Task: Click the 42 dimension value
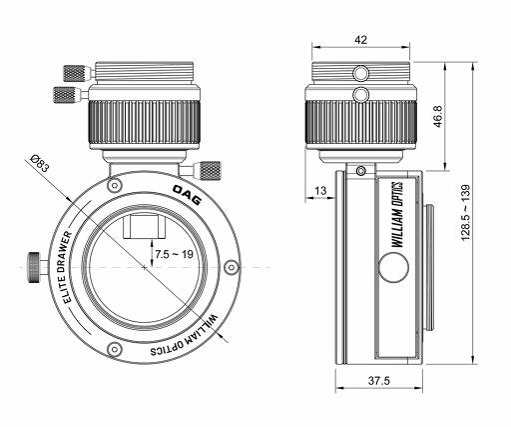360,40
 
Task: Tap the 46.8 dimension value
438,116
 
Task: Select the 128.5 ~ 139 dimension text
465,212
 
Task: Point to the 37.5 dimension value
378,381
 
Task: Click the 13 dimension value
320,191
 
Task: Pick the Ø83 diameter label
40,163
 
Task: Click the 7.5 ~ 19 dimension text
174,254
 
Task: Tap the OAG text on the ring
187,195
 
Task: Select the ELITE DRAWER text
68,267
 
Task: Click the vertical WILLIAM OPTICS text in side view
397,214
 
